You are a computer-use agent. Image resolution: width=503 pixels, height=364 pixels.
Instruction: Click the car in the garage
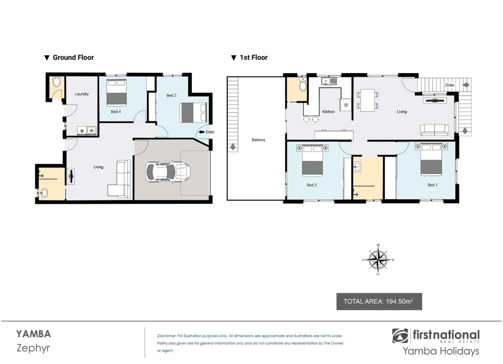pyautogui.click(x=168, y=172)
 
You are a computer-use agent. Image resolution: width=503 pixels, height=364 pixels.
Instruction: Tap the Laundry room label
pyautogui.click(x=82, y=94)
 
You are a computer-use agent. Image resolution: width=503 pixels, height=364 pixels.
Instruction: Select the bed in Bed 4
pyautogui.click(x=117, y=92)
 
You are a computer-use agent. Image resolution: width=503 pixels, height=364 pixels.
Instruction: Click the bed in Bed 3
pyautogui.click(x=193, y=113)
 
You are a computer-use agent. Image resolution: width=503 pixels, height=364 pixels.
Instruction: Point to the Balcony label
pyautogui.click(x=258, y=140)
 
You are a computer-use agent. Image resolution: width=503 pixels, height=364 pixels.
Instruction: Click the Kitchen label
pyautogui.click(x=328, y=112)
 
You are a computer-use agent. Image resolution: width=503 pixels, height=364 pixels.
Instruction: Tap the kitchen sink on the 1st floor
pyautogui.click(x=329, y=81)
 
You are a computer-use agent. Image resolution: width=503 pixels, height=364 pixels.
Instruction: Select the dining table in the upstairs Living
pyautogui.click(x=367, y=101)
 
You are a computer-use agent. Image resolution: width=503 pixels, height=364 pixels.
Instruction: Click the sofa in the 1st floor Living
pyautogui.click(x=434, y=130)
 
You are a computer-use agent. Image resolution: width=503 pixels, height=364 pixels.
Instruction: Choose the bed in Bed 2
pyautogui.click(x=312, y=161)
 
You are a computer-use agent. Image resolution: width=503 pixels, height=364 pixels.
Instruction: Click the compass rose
pyautogui.click(x=378, y=260)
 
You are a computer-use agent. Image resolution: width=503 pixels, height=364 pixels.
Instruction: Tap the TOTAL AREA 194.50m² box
pyautogui.click(x=379, y=301)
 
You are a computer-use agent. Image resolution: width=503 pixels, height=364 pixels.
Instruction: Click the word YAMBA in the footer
pyautogui.click(x=34, y=334)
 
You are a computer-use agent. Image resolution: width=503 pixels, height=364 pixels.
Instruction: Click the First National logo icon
pyautogui.click(x=400, y=336)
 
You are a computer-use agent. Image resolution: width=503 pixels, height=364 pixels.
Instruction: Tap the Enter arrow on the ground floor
pyautogui.click(x=201, y=132)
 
